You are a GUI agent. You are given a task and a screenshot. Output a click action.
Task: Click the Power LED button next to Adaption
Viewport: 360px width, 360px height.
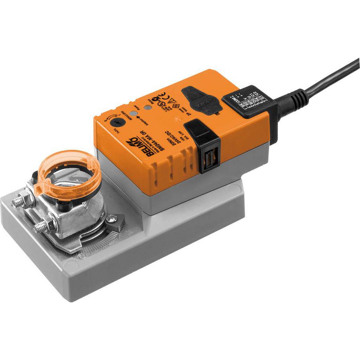pos(148,108)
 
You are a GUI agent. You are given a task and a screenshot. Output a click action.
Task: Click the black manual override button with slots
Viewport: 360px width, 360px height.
pos(206,149)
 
